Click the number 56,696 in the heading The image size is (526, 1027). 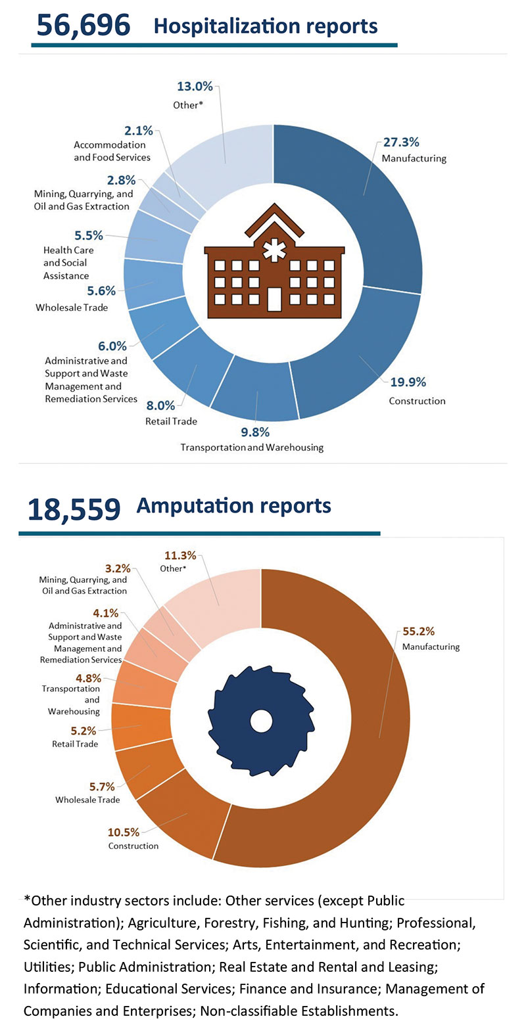(84, 26)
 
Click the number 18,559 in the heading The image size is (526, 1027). (74, 509)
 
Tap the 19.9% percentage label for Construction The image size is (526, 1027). (407, 382)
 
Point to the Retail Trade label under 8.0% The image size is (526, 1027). (171, 421)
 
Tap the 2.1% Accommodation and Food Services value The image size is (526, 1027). (138, 130)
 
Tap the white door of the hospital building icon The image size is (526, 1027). (274, 299)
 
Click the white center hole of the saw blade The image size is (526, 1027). (261, 721)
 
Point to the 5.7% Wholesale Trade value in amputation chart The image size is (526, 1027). (102, 786)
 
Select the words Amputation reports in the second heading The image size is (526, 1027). (233, 505)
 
